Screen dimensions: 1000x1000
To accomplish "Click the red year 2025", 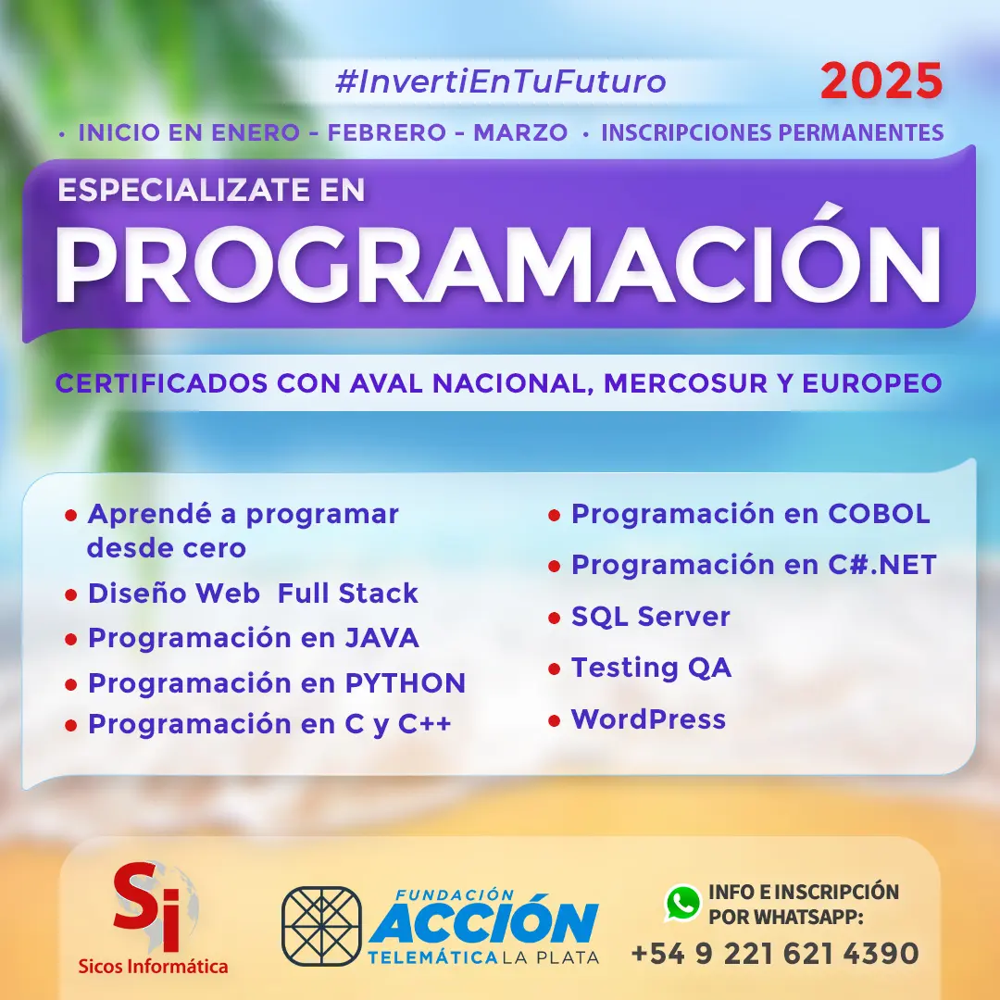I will [x=881, y=82].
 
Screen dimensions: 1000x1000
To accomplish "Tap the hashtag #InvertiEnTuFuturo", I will [x=500, y=81].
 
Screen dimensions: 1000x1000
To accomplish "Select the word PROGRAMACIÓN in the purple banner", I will [x=497, y=261].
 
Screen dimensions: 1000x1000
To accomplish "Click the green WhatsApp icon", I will [x=682, y=904].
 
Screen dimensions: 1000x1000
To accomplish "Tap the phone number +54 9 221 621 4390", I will [x=775, y=953].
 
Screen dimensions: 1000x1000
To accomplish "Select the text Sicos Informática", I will [x=154, y=967].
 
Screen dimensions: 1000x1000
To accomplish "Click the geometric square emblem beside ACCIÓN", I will [x=321, y=926].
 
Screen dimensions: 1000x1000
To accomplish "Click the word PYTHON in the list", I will [x=406, y=683].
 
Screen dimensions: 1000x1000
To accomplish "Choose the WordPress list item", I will [x=648, y=719].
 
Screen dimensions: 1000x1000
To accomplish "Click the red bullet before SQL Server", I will [x=554, y=618].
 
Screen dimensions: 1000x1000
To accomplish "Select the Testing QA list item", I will [x=651, y=668].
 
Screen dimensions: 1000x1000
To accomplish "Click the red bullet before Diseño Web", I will [x=70, y=594].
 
